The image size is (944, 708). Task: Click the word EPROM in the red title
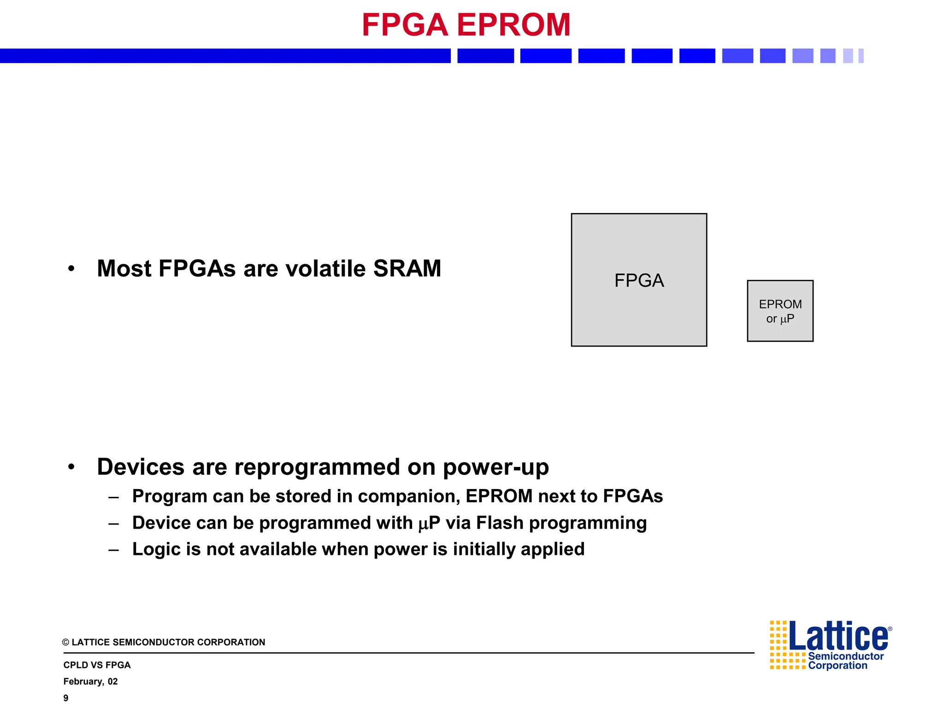tap(513, 25)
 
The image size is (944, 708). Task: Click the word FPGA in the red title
tap(405, 25)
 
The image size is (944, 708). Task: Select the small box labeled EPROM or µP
tap(780, 311)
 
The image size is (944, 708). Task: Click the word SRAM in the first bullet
tap(407, 269)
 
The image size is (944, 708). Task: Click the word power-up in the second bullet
tap(496, 467)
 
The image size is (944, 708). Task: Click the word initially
tap(484, 549)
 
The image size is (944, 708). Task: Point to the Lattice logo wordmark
tap(838, 637)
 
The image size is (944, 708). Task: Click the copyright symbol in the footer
tap(66, 643)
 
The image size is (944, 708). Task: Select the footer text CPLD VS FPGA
tap(97, 665)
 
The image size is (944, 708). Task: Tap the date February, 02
tap(90, 682)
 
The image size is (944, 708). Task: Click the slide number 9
tap(66, 698)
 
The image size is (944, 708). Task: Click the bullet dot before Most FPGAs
tap(71, 269)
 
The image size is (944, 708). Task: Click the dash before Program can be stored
tap(114, 497)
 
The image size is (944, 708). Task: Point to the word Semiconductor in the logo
tap(846, 656)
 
